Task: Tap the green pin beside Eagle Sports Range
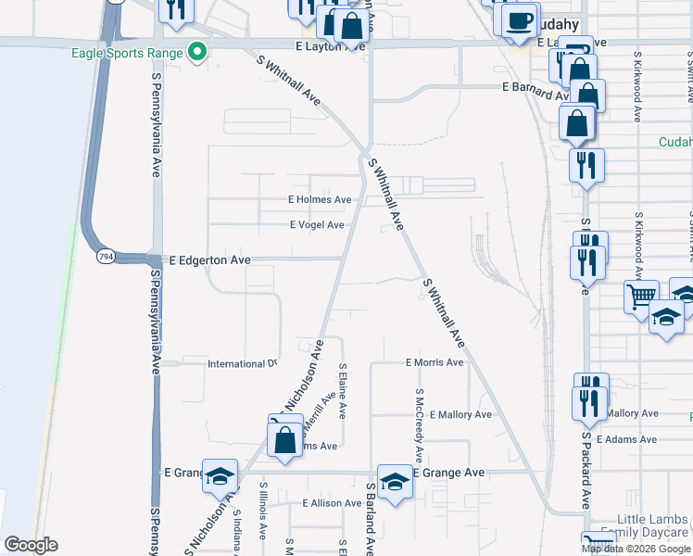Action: pos(196,53)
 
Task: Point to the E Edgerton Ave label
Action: pos(209,261)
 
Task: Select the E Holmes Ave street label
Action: pos(320,199)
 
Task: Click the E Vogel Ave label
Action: pos(317,225)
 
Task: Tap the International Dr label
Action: pos(242,364)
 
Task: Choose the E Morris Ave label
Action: pos(435,362)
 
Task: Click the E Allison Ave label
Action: pos(332,503)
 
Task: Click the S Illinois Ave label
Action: pos(263,511)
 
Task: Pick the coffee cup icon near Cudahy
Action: pos(521,20)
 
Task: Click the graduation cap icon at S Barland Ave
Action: pos(395,481)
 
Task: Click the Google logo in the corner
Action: pos(31,545)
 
